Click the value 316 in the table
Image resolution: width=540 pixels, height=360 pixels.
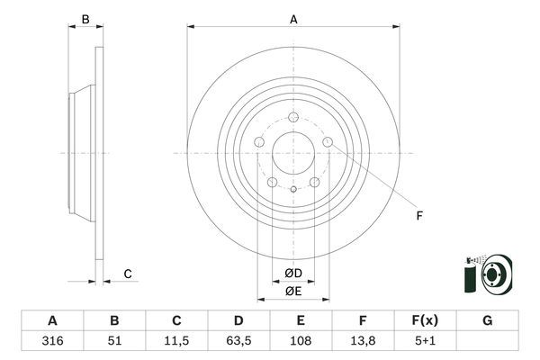pos(51,342)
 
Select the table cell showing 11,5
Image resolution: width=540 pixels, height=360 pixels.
pos(176,342)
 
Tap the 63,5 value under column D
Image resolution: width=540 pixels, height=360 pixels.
pos(238,342)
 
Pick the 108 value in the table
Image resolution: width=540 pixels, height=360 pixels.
pos(301,342)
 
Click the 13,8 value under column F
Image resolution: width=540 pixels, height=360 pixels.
pos(363,342)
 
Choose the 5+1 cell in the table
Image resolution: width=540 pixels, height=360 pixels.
pos(425,342)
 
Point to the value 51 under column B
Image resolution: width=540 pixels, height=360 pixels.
pos(114,342)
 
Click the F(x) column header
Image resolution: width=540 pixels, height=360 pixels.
pos(425,320)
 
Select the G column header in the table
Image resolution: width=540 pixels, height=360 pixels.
pos(487,320)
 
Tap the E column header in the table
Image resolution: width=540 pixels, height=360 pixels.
pos(301,320)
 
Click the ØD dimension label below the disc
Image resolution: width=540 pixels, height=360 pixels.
pos(293,274)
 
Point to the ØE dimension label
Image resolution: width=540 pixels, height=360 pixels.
pos(293,291)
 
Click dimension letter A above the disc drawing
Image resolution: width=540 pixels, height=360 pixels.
pos(293,18)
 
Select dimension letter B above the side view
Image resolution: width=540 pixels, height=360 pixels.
pos(85,19)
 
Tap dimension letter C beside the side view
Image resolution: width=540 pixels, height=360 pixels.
pos(128,274)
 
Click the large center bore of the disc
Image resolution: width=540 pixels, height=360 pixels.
pos(293,152)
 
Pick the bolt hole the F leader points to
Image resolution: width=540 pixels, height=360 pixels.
pos(328,141)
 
